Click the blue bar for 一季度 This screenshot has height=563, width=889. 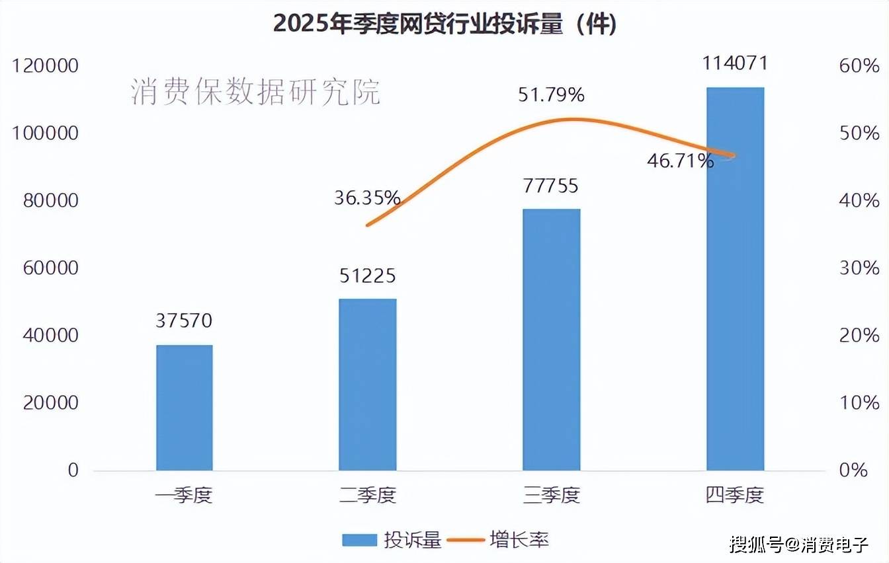tap(185, 407)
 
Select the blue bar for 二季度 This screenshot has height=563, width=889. tap(368, 385)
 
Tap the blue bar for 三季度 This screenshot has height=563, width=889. tap(551, 340)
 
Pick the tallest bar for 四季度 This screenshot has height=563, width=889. tap(735, 279)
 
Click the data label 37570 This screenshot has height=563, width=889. tap(185, 321)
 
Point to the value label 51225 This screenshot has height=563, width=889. tap(368, 276)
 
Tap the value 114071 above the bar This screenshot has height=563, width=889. tap(735, 63)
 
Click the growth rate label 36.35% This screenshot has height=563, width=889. tap(367, 198)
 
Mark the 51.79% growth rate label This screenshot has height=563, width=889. tap(551, 96)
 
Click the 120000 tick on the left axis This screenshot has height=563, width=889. tap(46, 66)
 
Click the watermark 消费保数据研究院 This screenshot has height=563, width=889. tap(255, 92)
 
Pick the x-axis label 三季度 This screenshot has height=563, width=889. tap(551, 496)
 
